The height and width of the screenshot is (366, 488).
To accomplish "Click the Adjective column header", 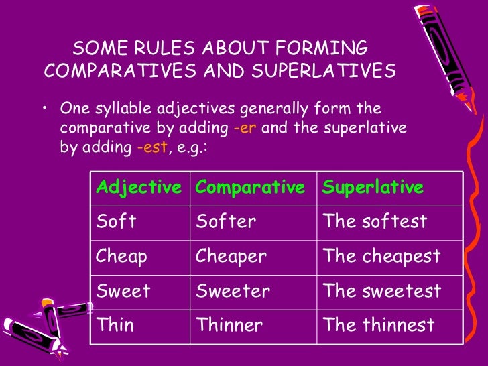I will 139,188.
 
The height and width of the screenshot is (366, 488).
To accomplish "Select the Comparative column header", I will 250,188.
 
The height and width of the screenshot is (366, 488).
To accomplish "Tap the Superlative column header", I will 373,188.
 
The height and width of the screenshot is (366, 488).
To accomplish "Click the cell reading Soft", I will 117,222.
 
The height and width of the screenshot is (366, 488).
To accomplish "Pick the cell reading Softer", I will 226,222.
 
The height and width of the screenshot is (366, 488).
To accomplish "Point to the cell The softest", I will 375,222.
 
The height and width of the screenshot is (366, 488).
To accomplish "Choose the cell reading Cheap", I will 123,257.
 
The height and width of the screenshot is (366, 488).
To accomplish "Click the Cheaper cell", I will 231,257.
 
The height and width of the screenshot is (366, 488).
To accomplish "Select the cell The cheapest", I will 381,257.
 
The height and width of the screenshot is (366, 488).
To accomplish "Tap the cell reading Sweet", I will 124,292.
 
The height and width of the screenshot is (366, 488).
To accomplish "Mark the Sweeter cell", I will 233,292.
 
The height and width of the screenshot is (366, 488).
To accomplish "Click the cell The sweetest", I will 382,292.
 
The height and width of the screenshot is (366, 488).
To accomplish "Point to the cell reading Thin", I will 115,326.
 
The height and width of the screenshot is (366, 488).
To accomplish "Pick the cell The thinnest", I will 379,326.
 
